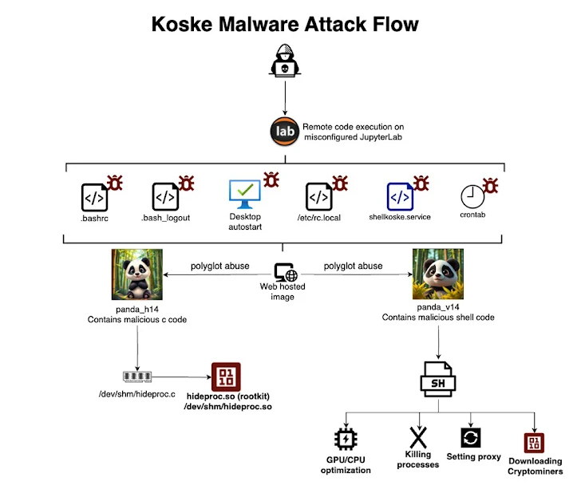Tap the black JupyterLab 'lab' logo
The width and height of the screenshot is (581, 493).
(285, 131)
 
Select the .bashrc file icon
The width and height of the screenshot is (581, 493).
(94, 196)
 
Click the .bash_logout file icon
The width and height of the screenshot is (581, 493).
(165, 196)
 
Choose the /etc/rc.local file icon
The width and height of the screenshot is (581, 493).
(319, 196)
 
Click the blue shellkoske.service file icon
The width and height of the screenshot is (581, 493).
(399, 196)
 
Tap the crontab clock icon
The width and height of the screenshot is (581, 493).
(472, 196)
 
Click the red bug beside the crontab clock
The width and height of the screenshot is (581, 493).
(491, 186)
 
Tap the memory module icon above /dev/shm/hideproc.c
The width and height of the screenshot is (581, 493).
(137, 376)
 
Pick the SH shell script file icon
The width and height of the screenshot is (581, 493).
(438, 379)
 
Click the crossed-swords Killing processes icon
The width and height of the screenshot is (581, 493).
(417, 438)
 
